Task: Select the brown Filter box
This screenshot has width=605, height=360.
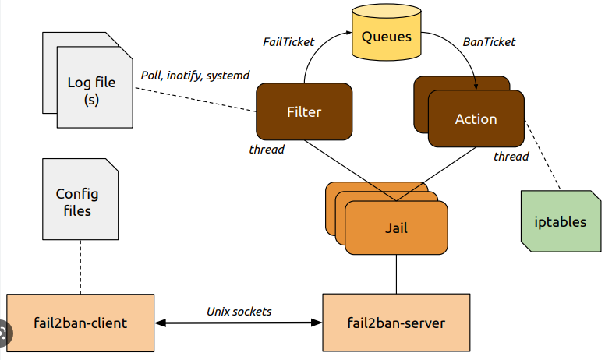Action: (x=302, y=112)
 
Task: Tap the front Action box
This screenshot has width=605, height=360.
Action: (x=475, y=119)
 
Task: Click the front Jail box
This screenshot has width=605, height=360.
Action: (x=396, y=228)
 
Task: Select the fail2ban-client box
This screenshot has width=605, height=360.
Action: (x=80, y=322)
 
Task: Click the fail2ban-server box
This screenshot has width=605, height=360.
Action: (x=396, y=322)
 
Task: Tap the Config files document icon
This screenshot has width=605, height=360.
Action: (x=77, y=203)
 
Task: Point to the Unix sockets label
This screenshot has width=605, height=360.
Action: (x=239, y=311)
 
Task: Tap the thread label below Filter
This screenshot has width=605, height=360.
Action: (x=267, y=149)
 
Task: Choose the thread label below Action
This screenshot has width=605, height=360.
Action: (x=511, y=157)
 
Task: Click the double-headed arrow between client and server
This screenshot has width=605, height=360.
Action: (x=239, y=323)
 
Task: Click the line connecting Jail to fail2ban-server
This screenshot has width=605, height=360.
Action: (x=396, y=274)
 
